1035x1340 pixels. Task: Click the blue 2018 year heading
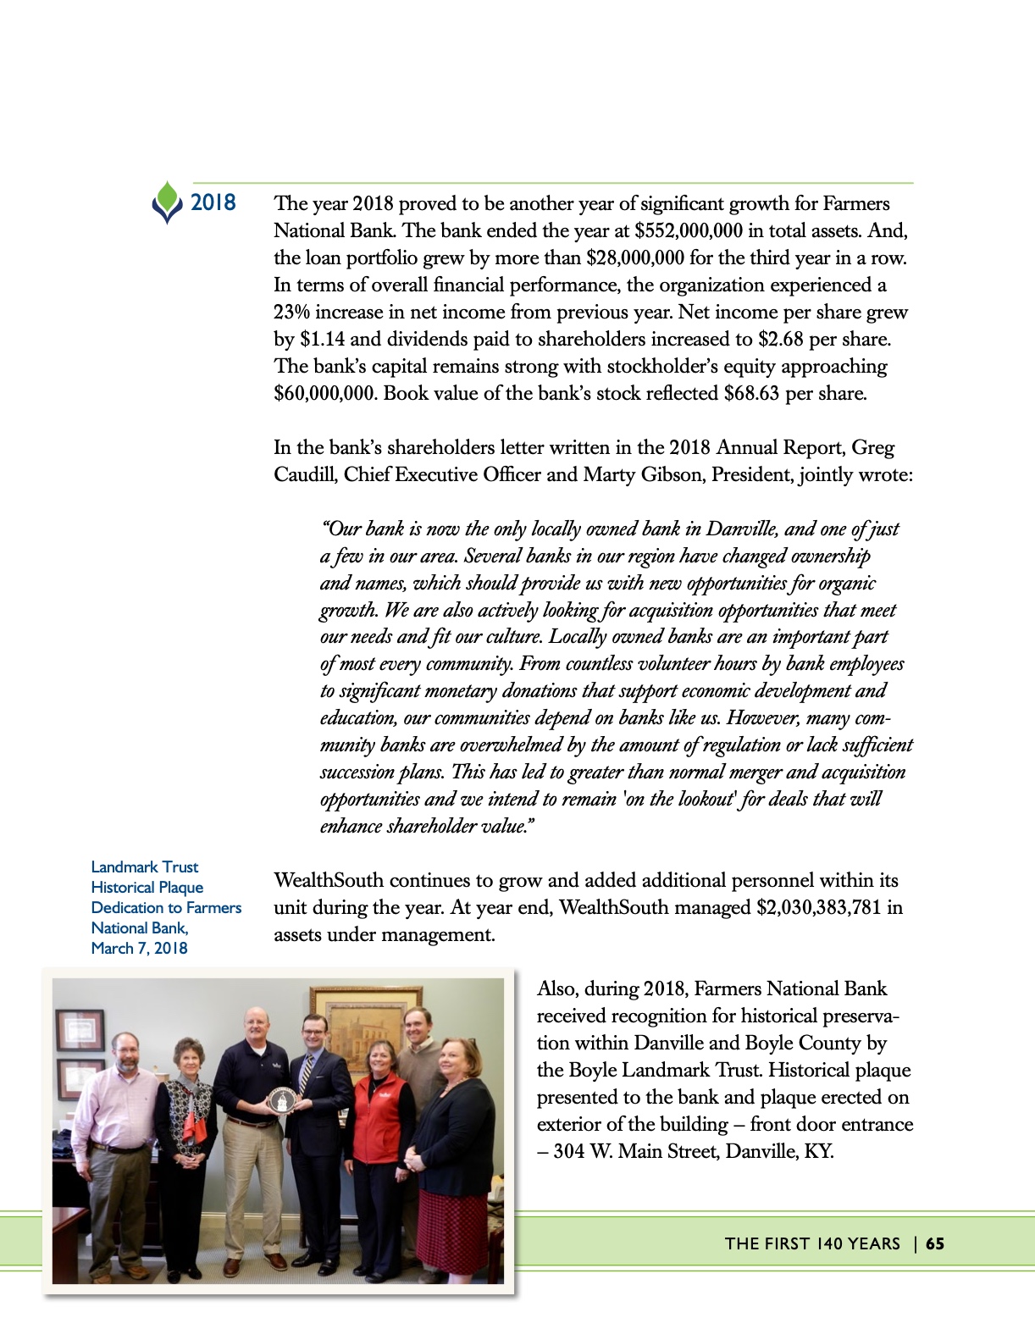pos(213,202)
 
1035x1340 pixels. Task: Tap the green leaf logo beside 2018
pos(168,202)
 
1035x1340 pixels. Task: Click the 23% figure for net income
pos(291,313)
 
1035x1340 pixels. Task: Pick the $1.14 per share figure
pos(322,340)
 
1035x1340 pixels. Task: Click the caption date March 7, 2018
pos(139,949)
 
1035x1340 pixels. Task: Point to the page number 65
pos(935,1243)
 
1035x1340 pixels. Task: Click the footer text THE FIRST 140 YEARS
pos(812,1243)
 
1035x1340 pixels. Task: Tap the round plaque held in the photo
pos(279,1100)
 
